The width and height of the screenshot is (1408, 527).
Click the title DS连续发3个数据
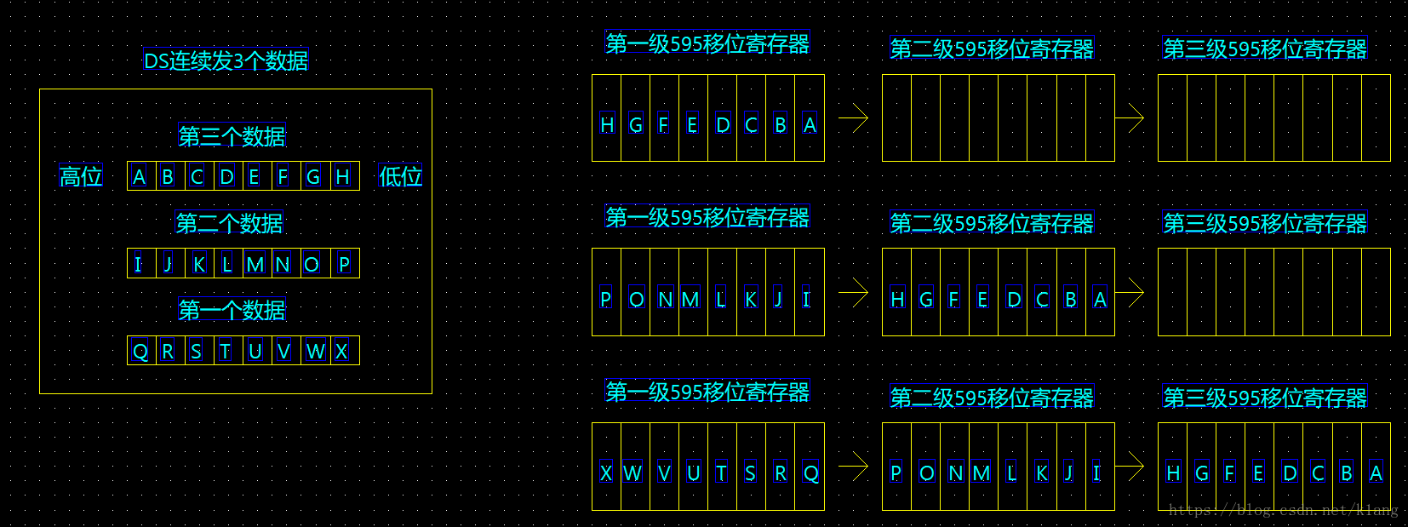(226, 60)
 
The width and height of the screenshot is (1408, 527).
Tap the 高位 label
(81, 176)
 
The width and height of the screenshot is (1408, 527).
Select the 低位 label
(400, 176)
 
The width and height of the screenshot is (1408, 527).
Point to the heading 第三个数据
(232, 136)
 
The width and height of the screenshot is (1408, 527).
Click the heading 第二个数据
(229, 223)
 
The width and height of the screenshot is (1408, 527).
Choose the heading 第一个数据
(232, 310)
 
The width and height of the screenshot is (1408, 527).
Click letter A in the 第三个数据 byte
(140, 177)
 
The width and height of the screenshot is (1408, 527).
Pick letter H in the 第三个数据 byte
(342, 177)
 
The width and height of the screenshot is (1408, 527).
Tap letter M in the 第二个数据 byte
(255, 264)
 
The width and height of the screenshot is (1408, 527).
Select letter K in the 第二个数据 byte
(198, 264)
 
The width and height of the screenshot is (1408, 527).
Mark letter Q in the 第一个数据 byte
(140, 351)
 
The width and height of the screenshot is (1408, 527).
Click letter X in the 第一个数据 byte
(341, 351)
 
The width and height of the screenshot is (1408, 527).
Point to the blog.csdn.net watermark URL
(1283, 510)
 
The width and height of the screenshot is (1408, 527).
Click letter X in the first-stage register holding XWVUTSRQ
(606, 473)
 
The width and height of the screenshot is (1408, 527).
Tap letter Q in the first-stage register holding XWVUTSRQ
(810, 473)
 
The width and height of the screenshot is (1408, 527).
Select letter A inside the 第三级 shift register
(1376, 473)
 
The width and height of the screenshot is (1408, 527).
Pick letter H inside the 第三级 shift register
(1173, 473)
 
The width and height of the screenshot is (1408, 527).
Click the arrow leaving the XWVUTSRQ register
(853, 466)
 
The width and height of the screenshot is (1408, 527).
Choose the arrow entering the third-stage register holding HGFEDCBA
(1130, 466)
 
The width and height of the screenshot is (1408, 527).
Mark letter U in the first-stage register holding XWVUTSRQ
(693, 473)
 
